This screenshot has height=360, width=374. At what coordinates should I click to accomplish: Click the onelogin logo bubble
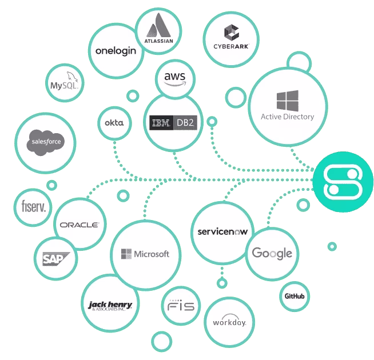coord(116,51)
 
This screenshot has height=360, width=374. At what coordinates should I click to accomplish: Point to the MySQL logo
coord(64,83)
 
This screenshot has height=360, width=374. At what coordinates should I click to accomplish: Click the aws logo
coord(174,78)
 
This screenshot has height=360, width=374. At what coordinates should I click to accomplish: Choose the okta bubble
coord(114,123)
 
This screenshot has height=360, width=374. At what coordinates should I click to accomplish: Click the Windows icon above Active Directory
coord(287,101)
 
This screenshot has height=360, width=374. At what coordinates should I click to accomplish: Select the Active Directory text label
coord(287,117)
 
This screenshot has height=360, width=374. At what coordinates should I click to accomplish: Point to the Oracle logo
coord(79,225)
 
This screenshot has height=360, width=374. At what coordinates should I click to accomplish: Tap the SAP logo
coord(55,259)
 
